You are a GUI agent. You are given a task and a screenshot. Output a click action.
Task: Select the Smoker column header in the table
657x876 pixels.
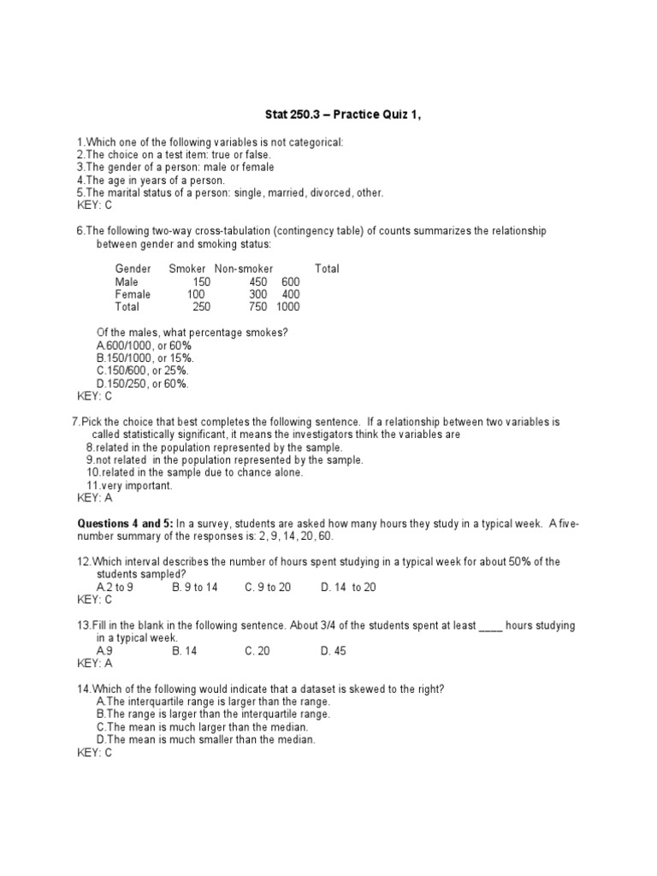tap(187, 269)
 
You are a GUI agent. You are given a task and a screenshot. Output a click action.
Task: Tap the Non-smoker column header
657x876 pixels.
tap(244, 269)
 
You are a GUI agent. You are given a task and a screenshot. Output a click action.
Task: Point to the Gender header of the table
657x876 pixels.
tap(133, 269)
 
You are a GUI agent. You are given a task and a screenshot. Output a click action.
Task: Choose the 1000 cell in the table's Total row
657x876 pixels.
tap(288, 307)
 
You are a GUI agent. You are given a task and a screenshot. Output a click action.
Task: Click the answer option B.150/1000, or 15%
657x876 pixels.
tap(145, 358)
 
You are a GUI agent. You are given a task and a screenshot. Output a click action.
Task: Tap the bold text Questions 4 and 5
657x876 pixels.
tap(127, 524)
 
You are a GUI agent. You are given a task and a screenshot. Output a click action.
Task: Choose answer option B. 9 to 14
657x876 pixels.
tap(195, 587)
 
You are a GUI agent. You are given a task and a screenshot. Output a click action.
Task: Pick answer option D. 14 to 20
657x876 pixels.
tap(348, 587)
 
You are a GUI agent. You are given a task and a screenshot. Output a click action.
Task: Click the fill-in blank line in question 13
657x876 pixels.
tap(490, 625)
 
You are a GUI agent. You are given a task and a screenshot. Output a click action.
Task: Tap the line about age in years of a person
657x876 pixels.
tap(151, 181)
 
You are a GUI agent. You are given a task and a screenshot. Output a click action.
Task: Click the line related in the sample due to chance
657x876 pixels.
tap(194, 472)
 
